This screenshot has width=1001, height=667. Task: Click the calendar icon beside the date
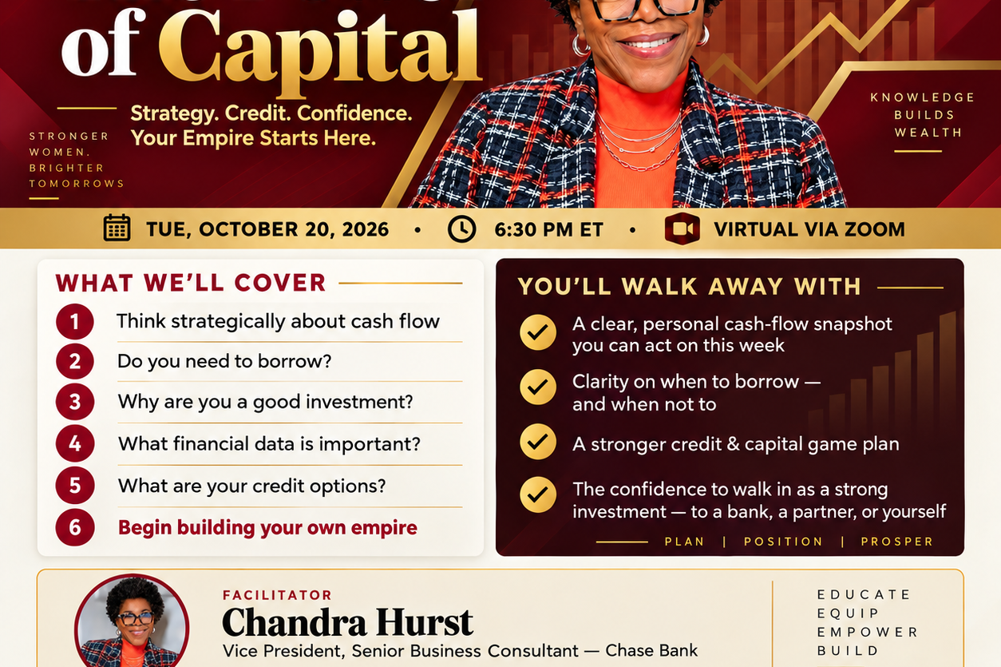click(117, 228)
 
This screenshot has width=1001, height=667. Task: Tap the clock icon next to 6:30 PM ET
click(461, 229)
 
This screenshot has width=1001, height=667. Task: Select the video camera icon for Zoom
click(682, 229)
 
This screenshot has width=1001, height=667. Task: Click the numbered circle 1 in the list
click(74, 321)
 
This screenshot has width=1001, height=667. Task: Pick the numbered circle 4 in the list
click(74, 443)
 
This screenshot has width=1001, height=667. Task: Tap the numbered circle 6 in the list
click(74, 527)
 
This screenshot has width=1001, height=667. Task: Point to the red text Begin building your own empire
click(267, 528)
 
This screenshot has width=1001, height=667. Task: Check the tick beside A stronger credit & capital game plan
click(538, 442)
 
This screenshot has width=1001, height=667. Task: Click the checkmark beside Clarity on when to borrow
click(538, 387)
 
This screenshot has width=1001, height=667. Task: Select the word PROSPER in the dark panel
click(897, 542)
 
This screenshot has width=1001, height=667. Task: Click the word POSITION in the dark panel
click(783, 542)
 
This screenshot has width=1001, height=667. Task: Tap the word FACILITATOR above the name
click(277, 595)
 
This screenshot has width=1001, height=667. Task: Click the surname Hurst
click(424, 621)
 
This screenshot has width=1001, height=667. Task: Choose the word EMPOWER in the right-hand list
click(867, 632)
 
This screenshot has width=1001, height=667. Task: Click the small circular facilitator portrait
click(133, 622)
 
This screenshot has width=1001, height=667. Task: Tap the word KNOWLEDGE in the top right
click(922, 97)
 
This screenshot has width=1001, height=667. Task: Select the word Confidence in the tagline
click(354, 113)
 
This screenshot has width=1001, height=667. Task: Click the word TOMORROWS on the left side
click(77, 184)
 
